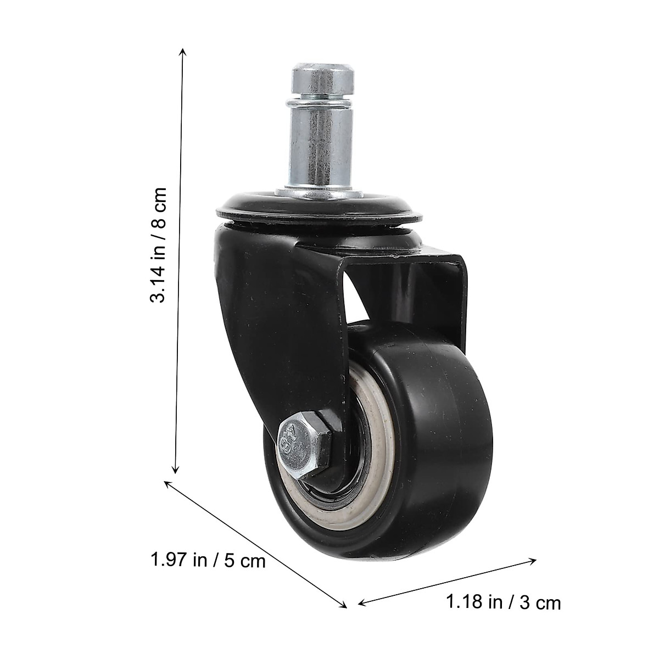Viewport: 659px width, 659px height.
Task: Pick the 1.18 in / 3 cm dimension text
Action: pos(503,602)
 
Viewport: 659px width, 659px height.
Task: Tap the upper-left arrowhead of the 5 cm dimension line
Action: pos(168,483)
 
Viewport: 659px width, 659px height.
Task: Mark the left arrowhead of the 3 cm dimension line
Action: pos(361,604)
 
